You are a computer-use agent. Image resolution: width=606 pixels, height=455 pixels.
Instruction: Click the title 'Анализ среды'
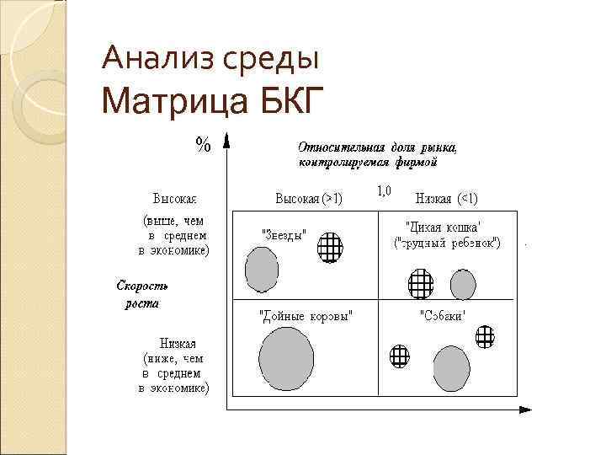(210, 59)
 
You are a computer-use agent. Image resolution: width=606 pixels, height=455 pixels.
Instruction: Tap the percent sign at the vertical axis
(203, 144)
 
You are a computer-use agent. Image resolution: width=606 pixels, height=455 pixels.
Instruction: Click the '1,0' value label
(383, 190)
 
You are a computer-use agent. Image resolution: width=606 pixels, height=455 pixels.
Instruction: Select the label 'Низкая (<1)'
(447, 200)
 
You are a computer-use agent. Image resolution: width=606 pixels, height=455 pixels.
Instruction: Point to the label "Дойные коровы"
(306, 315)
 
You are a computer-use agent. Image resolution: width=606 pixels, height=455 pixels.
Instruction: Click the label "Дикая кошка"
(444, 227)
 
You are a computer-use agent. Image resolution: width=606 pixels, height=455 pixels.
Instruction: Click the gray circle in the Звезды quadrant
(261, 269)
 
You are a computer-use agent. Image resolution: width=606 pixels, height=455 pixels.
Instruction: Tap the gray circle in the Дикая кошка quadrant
(463, 284)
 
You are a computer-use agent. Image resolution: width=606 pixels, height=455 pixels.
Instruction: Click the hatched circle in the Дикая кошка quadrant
(419, 284)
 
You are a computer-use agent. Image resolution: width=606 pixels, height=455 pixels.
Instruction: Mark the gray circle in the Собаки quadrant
(451, 368)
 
